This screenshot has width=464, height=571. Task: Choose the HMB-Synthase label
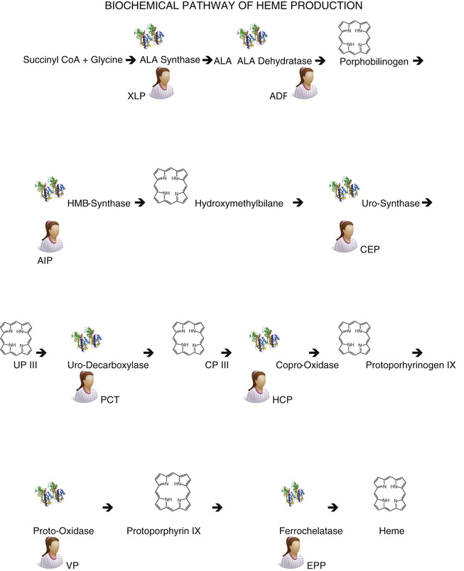tap(99, 204)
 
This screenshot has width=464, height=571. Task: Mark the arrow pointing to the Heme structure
tap(331, 507)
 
